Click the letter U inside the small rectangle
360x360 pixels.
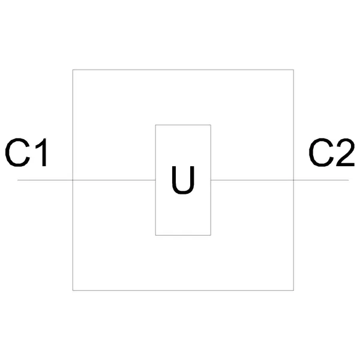[x=183, y=180]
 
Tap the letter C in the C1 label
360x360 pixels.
[x=17, y=152]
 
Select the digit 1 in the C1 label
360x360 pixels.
[x=41, y=152]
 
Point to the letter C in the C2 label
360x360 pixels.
[x=321, y=152]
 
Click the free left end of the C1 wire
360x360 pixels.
[x=17, y=180]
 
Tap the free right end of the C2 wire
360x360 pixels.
[x=349, y=180]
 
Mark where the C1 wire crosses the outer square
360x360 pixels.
[x=73, y=180]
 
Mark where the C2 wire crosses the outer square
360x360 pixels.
[x=293, y=180]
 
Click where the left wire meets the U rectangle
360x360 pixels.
[x=155, y=180]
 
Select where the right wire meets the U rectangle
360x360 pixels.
[x=211, y=180]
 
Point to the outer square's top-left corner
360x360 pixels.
[x=73, y=70]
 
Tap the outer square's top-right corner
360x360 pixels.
[x=293, y=70]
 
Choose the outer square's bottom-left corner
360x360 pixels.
[x=73, y=290]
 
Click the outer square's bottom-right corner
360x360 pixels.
[x=293, y=290]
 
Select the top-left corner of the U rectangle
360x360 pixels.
[x=155, y=125]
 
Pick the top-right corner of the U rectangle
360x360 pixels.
[x=211, y=125]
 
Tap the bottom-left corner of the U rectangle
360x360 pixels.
[x=155, y=235]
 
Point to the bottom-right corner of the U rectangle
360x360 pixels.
[x=211, y=235]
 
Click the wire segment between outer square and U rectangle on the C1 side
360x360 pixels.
[x=114, y=180]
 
